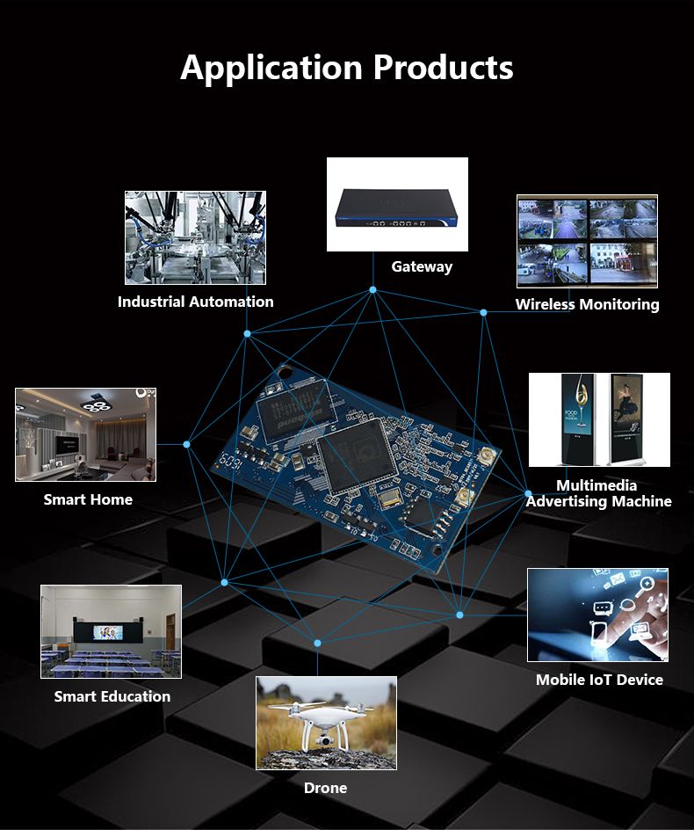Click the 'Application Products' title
[346, 69]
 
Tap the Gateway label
[422, 266]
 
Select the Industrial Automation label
[196, 302]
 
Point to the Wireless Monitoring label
[587, 304]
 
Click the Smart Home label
[88, 499]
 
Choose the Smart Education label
[112, 696]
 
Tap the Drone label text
[325, 788]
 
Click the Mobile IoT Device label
[599, 680]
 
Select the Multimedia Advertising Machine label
[598, 493]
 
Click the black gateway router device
[396, 208]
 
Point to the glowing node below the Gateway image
[373, 289]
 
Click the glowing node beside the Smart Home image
[187, 444]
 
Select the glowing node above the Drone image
[317, 643]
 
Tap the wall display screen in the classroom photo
[108, 632]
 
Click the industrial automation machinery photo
[195, 237]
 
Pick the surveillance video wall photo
[587, 242]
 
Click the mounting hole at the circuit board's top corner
[286, 372]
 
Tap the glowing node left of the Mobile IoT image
[459, 615]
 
